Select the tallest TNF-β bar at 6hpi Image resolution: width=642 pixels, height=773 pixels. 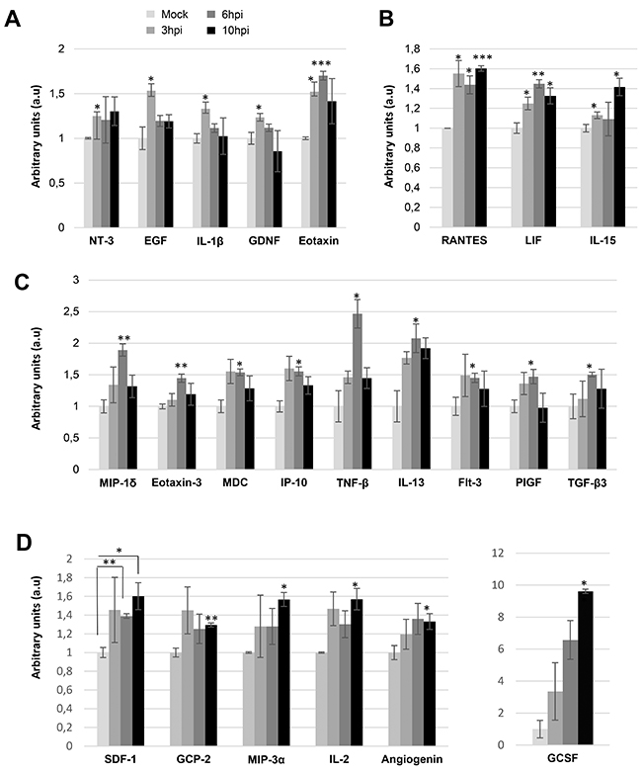click(358, 391)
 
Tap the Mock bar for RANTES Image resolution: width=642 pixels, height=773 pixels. click(447, 178)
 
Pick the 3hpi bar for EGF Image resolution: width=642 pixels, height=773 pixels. click(151, 159)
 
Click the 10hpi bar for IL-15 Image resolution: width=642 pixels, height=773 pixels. click(619, 157)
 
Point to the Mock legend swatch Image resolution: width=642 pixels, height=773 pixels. click(152, 15)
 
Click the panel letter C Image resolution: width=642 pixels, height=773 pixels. click(21, 283)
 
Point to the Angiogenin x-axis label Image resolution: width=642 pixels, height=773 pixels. click(412, 760)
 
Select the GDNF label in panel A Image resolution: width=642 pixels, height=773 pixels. click(265, 241)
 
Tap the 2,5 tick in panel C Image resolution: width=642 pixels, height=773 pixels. click(70, 311)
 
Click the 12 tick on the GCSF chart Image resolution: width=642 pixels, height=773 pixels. click(498, 554)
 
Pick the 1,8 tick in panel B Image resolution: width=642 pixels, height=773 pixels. click(413, 48)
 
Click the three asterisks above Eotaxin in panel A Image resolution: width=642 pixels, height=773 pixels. click(321, 63)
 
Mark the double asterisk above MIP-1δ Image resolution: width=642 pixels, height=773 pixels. click(123, 338)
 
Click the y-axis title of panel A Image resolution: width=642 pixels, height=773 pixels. click(36, 136)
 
